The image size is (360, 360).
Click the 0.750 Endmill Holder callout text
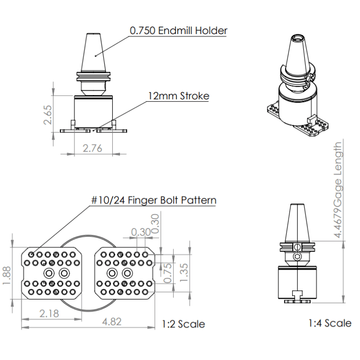click(x=179, y=31)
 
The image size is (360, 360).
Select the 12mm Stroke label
click(x=178, y=96)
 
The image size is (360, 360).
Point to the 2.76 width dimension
click(x=93, y=148)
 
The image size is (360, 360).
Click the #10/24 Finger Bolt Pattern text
click(x=153, y=200)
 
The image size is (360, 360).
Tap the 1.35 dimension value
click(x=186, y=272)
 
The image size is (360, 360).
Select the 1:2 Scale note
click(x=183, y=324)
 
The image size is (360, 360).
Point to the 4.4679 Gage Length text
click(x=338, y=190)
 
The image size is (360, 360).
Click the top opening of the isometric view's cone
click(x=298, y=37)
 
